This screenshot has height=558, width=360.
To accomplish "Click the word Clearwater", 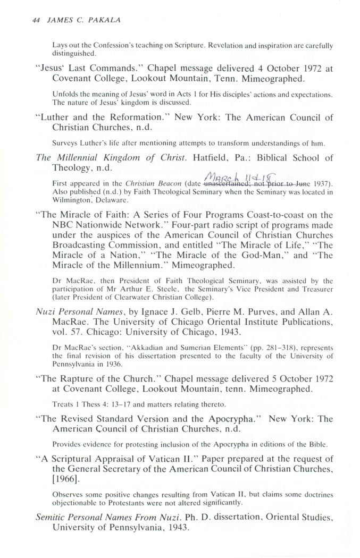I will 134,296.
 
